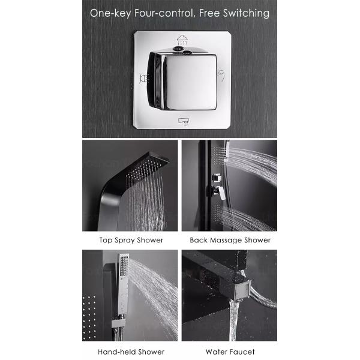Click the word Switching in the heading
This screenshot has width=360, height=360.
click(x=246, y=13)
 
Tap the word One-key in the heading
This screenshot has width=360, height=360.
click(x=110, y=13)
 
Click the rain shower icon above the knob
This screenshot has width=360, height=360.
click(x=182, y=40)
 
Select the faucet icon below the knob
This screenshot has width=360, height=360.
click(x=184, y=122)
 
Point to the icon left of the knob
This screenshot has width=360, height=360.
click(x=144, y=79)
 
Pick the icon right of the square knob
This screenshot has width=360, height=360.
click(x=221, y=76)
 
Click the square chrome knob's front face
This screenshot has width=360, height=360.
click(x=191, y=82)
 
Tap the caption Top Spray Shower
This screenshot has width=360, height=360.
click(x=131, y=240)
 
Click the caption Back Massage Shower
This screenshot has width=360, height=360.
click(x=230, y=240)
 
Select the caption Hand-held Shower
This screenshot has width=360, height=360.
click(x=131, y=352)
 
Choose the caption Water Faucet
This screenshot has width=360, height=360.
click(x=230, y=352)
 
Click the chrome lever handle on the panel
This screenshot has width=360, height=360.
click(x=219, y=192)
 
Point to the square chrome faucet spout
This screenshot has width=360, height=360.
click(x=241, y=290)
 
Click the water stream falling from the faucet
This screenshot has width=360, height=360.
click(x=233, y=320)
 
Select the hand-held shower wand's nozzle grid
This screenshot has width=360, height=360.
click(x=124, y=266)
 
